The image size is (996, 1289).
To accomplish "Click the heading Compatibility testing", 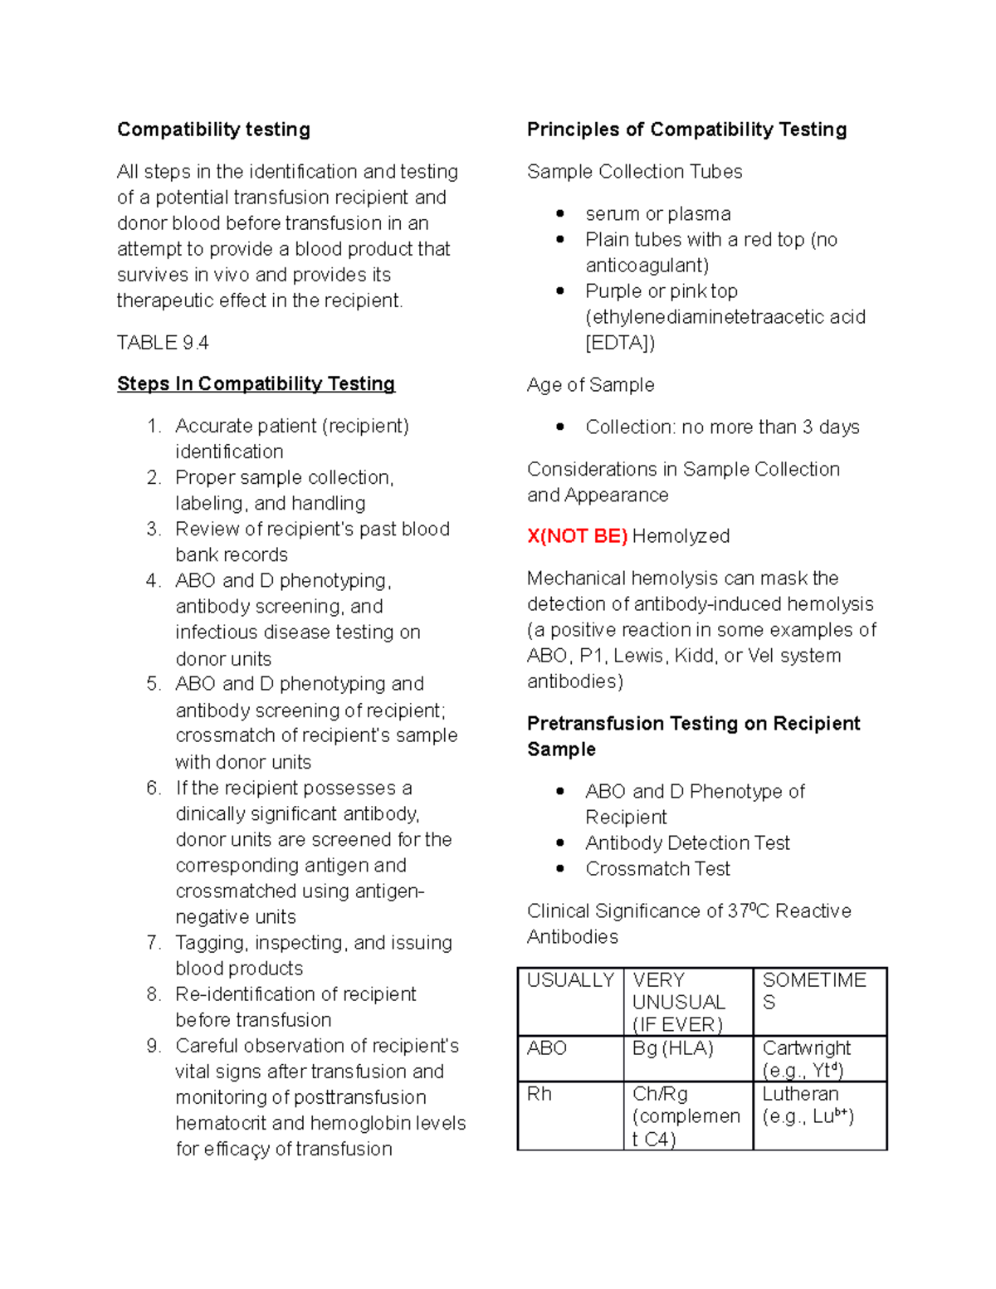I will click(213, 129).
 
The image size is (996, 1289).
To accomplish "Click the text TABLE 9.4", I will click(163, 343).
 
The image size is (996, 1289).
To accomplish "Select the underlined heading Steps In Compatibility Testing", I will click(256, 383).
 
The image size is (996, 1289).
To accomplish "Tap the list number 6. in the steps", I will click(154, 788).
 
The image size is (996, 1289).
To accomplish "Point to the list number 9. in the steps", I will click(154, 1046).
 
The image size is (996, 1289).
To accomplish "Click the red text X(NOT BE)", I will click(577, 536).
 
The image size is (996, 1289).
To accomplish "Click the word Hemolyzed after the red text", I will click(681, 536).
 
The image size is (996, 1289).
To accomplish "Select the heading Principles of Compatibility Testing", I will click(686, 129).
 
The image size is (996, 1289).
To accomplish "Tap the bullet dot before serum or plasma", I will click(560, 213).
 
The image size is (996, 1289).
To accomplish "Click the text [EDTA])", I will click(619, 343).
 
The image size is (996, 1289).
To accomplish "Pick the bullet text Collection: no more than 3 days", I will click(722, 427).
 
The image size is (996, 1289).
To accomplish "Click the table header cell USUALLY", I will click(570, 980).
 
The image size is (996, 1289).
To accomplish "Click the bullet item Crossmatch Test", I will click(657, 869).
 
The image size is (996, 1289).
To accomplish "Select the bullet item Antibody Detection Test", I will click(687, 843).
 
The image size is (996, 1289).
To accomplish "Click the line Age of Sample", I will click(590, 385).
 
